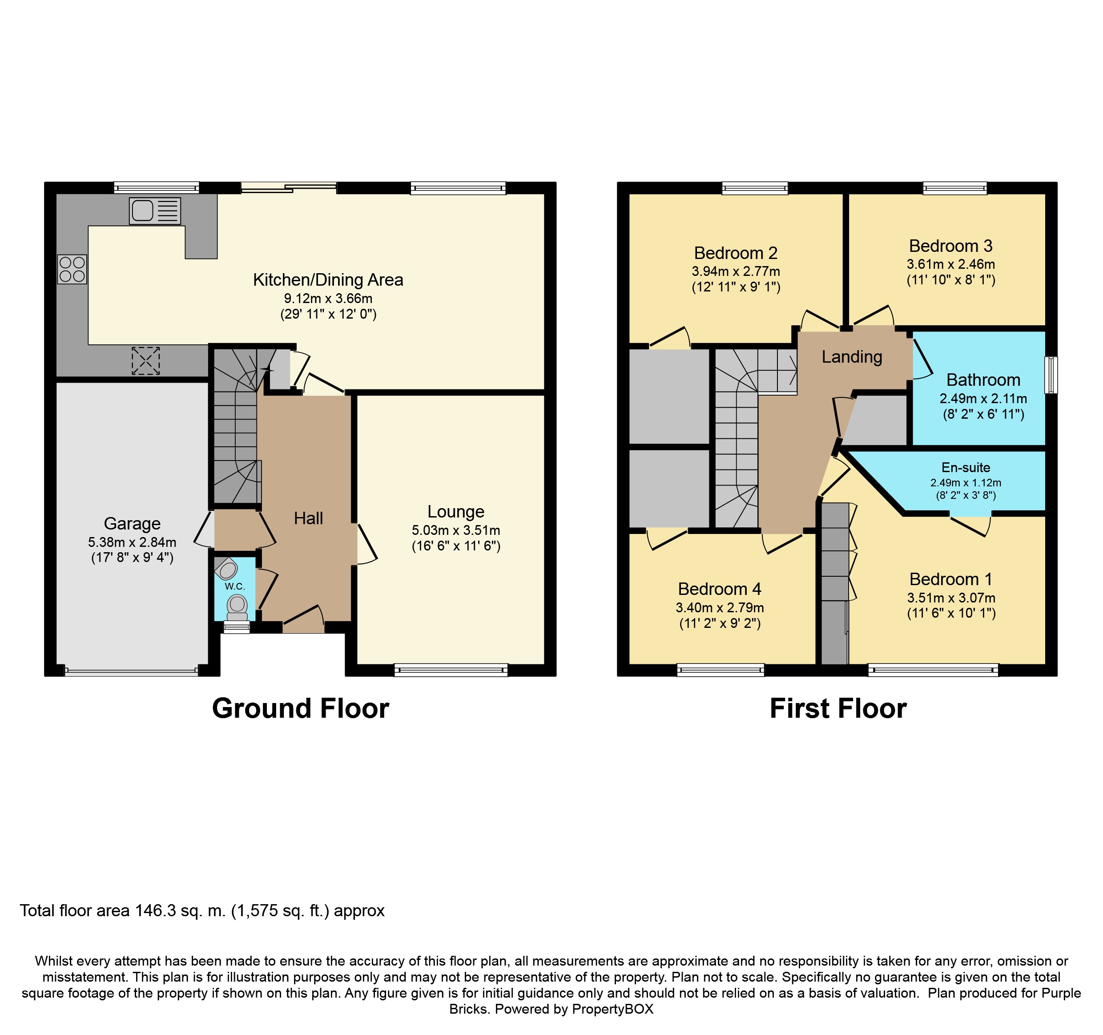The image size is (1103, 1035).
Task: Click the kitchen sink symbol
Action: click(x=155, y=211)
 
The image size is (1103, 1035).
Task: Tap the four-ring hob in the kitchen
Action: click(x=72, y=269)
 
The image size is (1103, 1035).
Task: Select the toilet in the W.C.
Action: click(x=238, y=607)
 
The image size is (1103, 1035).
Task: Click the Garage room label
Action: click(x=132, y=523)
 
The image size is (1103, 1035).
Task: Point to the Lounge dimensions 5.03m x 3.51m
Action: click(x=456, y=530)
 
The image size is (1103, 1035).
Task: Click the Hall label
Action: click(x=309, y=518)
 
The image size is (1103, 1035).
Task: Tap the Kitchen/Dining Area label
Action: click(x=328, y=280)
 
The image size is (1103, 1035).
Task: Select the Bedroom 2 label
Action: click(x=736, y=253)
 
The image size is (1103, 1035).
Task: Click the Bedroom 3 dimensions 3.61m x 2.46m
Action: click(x=951, y=264)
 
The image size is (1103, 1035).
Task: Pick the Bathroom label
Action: click(x=983, y=380)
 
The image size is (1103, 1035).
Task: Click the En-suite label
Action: click(x=966, y=467)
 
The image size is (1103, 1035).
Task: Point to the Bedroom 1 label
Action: click(x=951, y=579)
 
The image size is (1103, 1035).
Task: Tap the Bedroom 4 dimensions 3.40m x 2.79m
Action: click(x=720, y=608)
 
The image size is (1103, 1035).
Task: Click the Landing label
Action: click(x=852, y=357)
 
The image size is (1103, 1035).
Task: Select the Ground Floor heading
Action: click(x=301, y=709)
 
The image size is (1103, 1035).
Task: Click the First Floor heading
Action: click(x=838, y=709)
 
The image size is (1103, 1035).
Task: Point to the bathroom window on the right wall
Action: click(x=1051, y=375)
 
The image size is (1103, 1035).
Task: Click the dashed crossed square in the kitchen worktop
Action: click(x=145, y=361)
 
